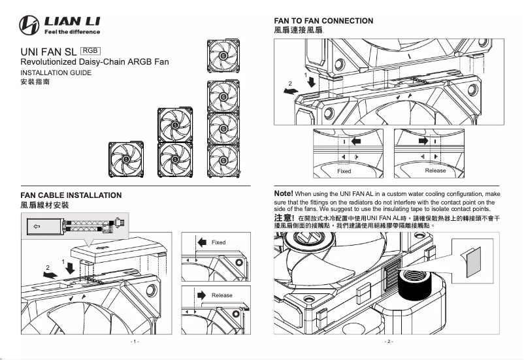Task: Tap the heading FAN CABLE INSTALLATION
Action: point(71,195)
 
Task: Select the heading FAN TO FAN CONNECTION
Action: point(324,21)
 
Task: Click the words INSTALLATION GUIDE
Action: point(56,73)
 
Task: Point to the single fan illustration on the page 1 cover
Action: point(125,159)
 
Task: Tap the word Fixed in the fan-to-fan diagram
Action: point(344,171)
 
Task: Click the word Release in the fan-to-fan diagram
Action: point(435,171)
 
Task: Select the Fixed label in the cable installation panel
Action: point(218,242)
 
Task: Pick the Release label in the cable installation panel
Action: point(221,295)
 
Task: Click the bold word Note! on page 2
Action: point(284,194)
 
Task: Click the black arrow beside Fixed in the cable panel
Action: point(202,242)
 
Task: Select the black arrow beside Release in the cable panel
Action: point(203,295)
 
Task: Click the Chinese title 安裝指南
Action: point(35,84)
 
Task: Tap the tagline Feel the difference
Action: point(72,32)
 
